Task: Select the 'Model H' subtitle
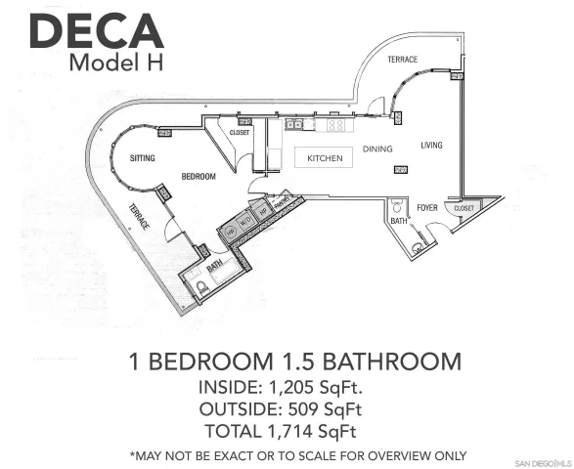click(x=115, y=62)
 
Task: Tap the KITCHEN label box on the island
click(x=324, y=158)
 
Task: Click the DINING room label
click(x=377, y=149)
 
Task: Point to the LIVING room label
click(x=431, y=146)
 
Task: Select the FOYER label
click(x=427, y=207)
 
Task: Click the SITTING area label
click(x=143, y=157)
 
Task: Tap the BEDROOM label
click(x=199, y=177)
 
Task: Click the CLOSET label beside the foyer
click(x=464, y=208)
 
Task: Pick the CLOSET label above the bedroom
click(x=240, y=131)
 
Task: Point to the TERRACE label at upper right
click(x=402, y=60)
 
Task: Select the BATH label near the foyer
click(x=398, y=221)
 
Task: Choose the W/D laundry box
click(x=246, y=221)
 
